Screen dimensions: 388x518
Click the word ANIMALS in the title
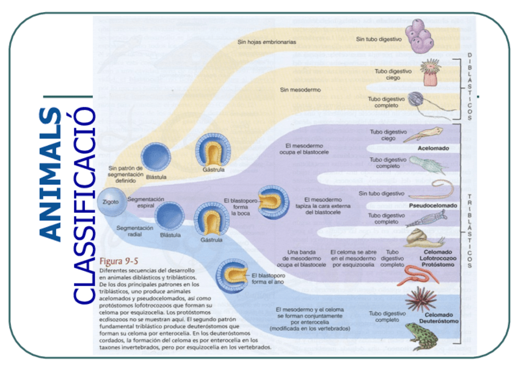coord(50,174)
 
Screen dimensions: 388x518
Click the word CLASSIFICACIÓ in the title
coord(83,205)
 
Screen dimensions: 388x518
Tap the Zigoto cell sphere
coord(112,201)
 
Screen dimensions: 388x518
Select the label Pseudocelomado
coord(432,206)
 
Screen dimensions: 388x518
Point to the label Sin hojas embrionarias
coord(267,42)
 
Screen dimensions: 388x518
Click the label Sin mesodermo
coord(300,90)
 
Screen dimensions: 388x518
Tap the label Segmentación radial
coord(134,231)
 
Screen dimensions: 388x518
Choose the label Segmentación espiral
coord(146,203)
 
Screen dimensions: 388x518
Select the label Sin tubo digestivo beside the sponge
coord(379,38)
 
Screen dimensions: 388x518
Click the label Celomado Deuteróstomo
coord(438,318)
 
